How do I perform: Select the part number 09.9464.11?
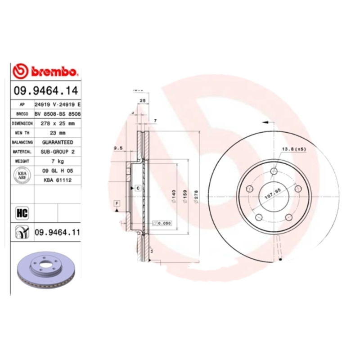[57, 232]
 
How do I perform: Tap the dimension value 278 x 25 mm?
[58, 123]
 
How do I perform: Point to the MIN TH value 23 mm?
[58, 133]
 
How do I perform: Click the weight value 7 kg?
[58, 161]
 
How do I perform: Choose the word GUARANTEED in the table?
[58, 142]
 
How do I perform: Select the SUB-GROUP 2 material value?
[58, 152]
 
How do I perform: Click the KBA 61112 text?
[58, 180]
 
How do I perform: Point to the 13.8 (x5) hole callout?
[293, 148]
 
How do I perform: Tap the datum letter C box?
[138, 188]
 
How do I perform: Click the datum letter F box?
[117, 204]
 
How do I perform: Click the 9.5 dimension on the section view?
[118, 148]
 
